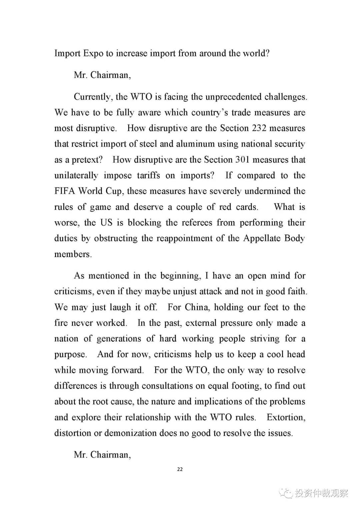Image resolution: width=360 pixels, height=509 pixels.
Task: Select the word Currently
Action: tap(92, 97)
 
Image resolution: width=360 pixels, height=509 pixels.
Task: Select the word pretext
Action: tap(87, 160)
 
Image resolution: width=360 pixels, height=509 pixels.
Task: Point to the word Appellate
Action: tap(262, 238)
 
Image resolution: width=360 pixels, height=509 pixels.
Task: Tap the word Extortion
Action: tap(286, 417)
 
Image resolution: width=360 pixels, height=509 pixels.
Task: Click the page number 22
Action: tap(180, 469)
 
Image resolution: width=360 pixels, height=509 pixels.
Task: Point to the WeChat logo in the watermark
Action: tap(286, 493)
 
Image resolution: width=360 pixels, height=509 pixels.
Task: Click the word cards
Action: tap(247, 207)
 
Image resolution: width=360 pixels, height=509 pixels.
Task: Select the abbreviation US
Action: tap(106, 223)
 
